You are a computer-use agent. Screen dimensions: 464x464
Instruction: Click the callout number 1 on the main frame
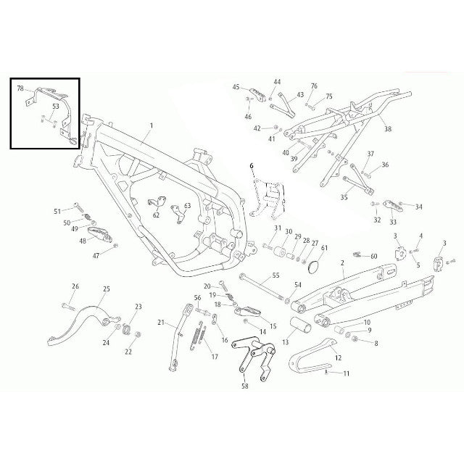152,125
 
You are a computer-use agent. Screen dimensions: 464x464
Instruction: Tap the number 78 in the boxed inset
20,88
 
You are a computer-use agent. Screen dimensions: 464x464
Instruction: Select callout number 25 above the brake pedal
107,289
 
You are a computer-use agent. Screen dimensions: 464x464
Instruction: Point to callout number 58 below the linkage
245,386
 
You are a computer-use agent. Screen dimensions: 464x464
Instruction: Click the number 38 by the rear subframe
388,129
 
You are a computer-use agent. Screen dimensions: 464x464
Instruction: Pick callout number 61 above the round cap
324,247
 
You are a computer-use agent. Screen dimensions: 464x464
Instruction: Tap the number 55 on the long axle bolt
275,275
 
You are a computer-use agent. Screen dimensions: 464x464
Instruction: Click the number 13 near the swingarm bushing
285,342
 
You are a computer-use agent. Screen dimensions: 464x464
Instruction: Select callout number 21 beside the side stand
161,322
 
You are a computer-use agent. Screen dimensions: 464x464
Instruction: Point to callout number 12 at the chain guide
338,357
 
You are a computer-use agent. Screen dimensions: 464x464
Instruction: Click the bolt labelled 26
68,306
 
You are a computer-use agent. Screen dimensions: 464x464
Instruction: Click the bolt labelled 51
79,207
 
